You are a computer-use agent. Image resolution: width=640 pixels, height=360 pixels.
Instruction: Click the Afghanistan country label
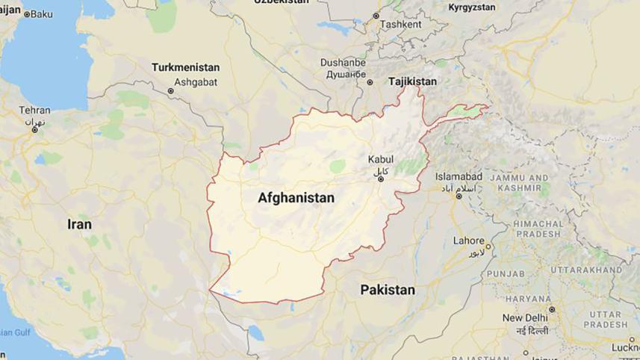(x=296, y=199)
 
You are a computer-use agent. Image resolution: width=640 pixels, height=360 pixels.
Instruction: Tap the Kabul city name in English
(x=380, y=160)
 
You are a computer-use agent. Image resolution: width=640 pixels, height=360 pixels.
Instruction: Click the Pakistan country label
(x=387, y=290)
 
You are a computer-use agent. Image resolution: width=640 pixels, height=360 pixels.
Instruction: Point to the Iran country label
(x=79, y=224)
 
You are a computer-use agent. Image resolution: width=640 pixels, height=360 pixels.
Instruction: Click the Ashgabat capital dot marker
(x=171, y=91)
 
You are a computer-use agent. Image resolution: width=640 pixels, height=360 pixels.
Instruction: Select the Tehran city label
(x=34, y=110)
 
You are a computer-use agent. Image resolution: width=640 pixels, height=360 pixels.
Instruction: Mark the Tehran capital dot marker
(x=34, y=130)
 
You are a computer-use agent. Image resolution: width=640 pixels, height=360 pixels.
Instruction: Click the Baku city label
(x=41, y=13)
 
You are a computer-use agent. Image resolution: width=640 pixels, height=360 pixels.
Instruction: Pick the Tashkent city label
(x=401, y=24)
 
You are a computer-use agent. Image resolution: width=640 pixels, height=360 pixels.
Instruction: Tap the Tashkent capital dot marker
(x=376, y=16)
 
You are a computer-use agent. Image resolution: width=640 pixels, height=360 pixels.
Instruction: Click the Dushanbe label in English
(x=343, y=63)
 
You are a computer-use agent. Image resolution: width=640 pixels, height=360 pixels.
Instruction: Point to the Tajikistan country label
(x=412, y=81)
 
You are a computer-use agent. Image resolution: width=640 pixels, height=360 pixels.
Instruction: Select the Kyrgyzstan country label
(x=471, y=7)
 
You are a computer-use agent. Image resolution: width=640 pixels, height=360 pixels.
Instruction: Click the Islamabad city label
(x=459, y=177)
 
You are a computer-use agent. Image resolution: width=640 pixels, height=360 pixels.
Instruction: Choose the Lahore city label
(x=469, y=240)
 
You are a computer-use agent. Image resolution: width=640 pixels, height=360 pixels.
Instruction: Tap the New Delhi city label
(x=525, y=318)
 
